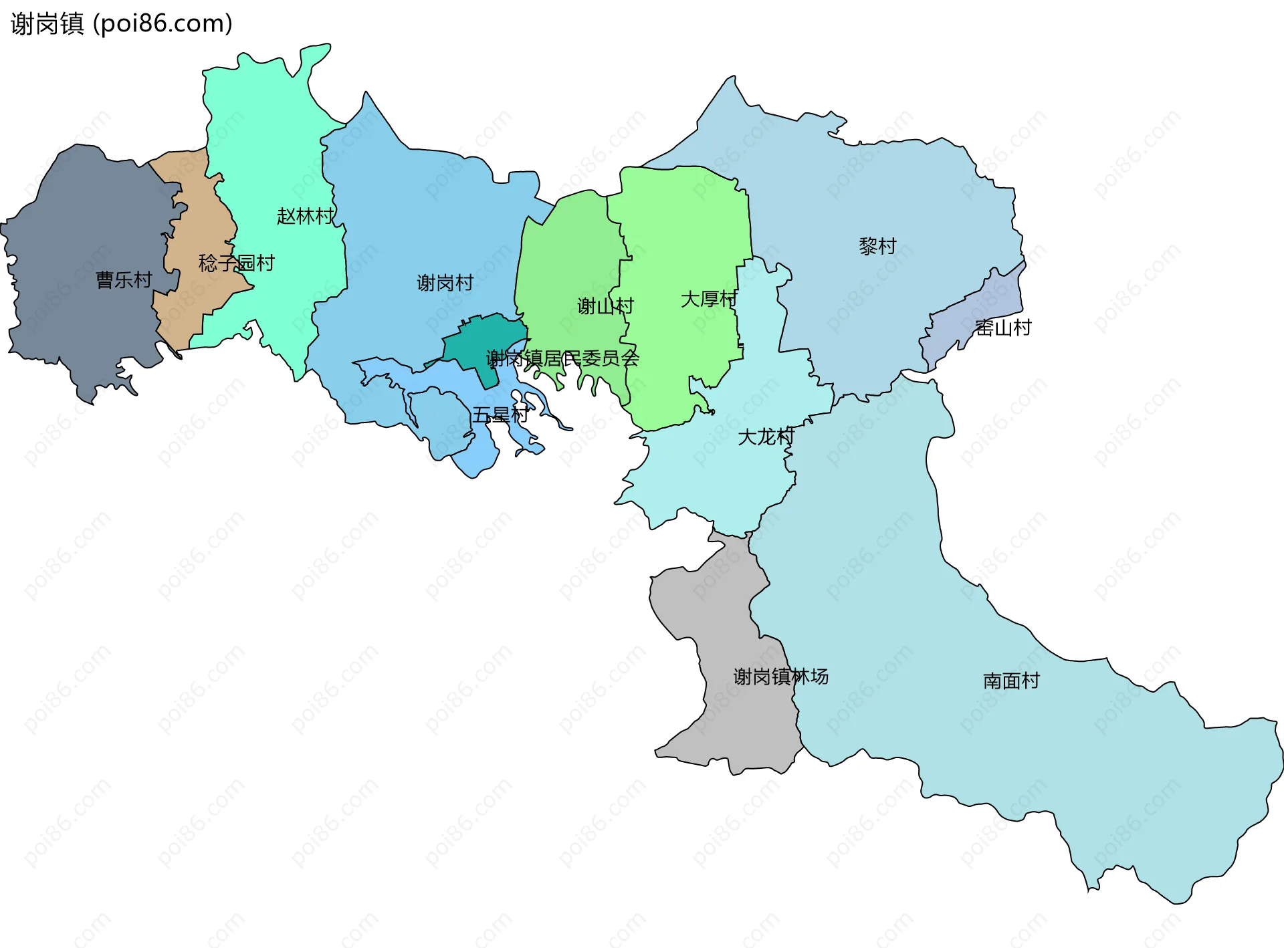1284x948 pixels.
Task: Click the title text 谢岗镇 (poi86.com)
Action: pos(121,23)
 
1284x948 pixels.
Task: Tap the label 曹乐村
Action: pos(124,279)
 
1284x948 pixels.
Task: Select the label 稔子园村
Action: pos(236,263)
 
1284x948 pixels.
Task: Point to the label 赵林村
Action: pos(305,216)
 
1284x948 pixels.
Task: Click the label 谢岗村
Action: pos(445,283)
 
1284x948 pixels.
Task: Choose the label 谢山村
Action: pos(605,306)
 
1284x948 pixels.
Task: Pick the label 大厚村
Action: pos(709,299)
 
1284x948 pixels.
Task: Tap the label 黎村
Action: pos(877,246)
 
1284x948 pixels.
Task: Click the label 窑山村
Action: pos(1003,328)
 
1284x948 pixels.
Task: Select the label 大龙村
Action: pos(766,437)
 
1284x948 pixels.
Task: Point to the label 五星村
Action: pos(500,414)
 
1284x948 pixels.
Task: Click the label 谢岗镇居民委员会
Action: pos(562,358)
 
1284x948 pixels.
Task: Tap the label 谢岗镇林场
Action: pos(780,677)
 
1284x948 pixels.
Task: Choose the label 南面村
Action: pos(1011,681)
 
